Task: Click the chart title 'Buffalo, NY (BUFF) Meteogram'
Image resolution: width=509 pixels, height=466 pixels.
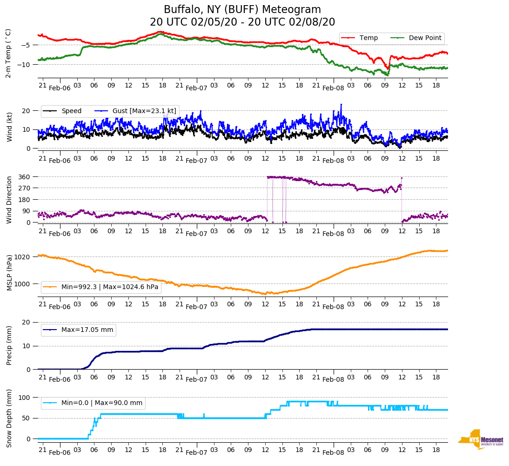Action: coord(242,10)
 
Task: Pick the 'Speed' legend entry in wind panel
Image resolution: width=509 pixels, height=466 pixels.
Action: coord(71,111)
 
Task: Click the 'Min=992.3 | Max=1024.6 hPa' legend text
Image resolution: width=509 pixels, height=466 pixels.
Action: coord(110,287)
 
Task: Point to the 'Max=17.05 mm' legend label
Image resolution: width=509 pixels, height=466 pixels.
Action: coord(87,330)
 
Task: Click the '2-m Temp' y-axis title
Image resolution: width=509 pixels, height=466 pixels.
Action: coord(8,53)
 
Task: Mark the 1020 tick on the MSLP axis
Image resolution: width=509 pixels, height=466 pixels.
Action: coord(23,257)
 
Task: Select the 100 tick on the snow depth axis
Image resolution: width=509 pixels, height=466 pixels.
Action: coord(25,398)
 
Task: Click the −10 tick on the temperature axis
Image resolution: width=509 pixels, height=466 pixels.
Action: coord(24,65)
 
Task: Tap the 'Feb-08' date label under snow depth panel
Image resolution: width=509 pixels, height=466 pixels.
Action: coord(333,452)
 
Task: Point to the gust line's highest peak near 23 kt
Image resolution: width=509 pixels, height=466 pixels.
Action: coord(341,105)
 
